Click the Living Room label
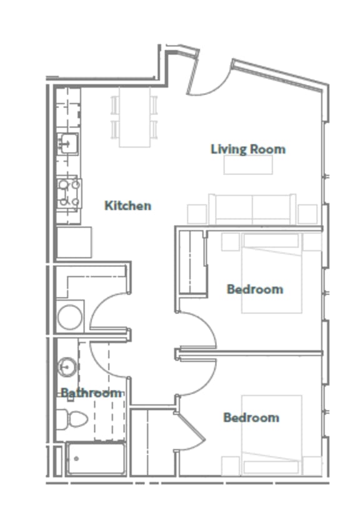pos(247,149)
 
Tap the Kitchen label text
pos(127,206)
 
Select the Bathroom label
pos(91,393)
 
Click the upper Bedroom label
pos(254,289)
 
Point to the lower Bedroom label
pos(251,418)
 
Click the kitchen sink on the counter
pos(67,144)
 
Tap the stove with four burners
pos(69,193)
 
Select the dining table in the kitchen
pos(135,116)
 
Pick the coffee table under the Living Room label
pos(248,164)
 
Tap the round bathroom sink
pos(67,367)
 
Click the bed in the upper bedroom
pos(272,273)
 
